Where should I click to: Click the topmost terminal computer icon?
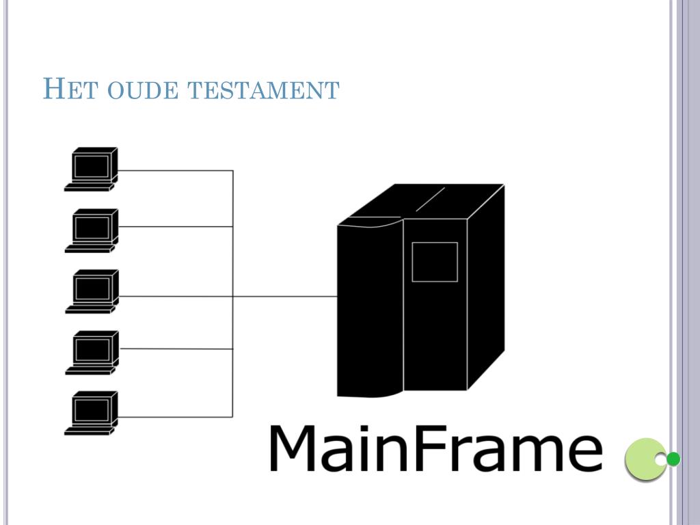click(92, 169)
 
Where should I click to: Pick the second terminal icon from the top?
click(92, 230)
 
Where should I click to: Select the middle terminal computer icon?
click(92, 291)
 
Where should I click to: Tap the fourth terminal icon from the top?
click(92, 353)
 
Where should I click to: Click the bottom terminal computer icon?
click(92, 413)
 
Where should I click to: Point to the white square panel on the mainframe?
click(434, 262)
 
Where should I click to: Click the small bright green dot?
click(673, 459)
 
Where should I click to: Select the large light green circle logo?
click(643, 459)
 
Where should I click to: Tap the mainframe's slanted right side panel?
click(485, 287)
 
